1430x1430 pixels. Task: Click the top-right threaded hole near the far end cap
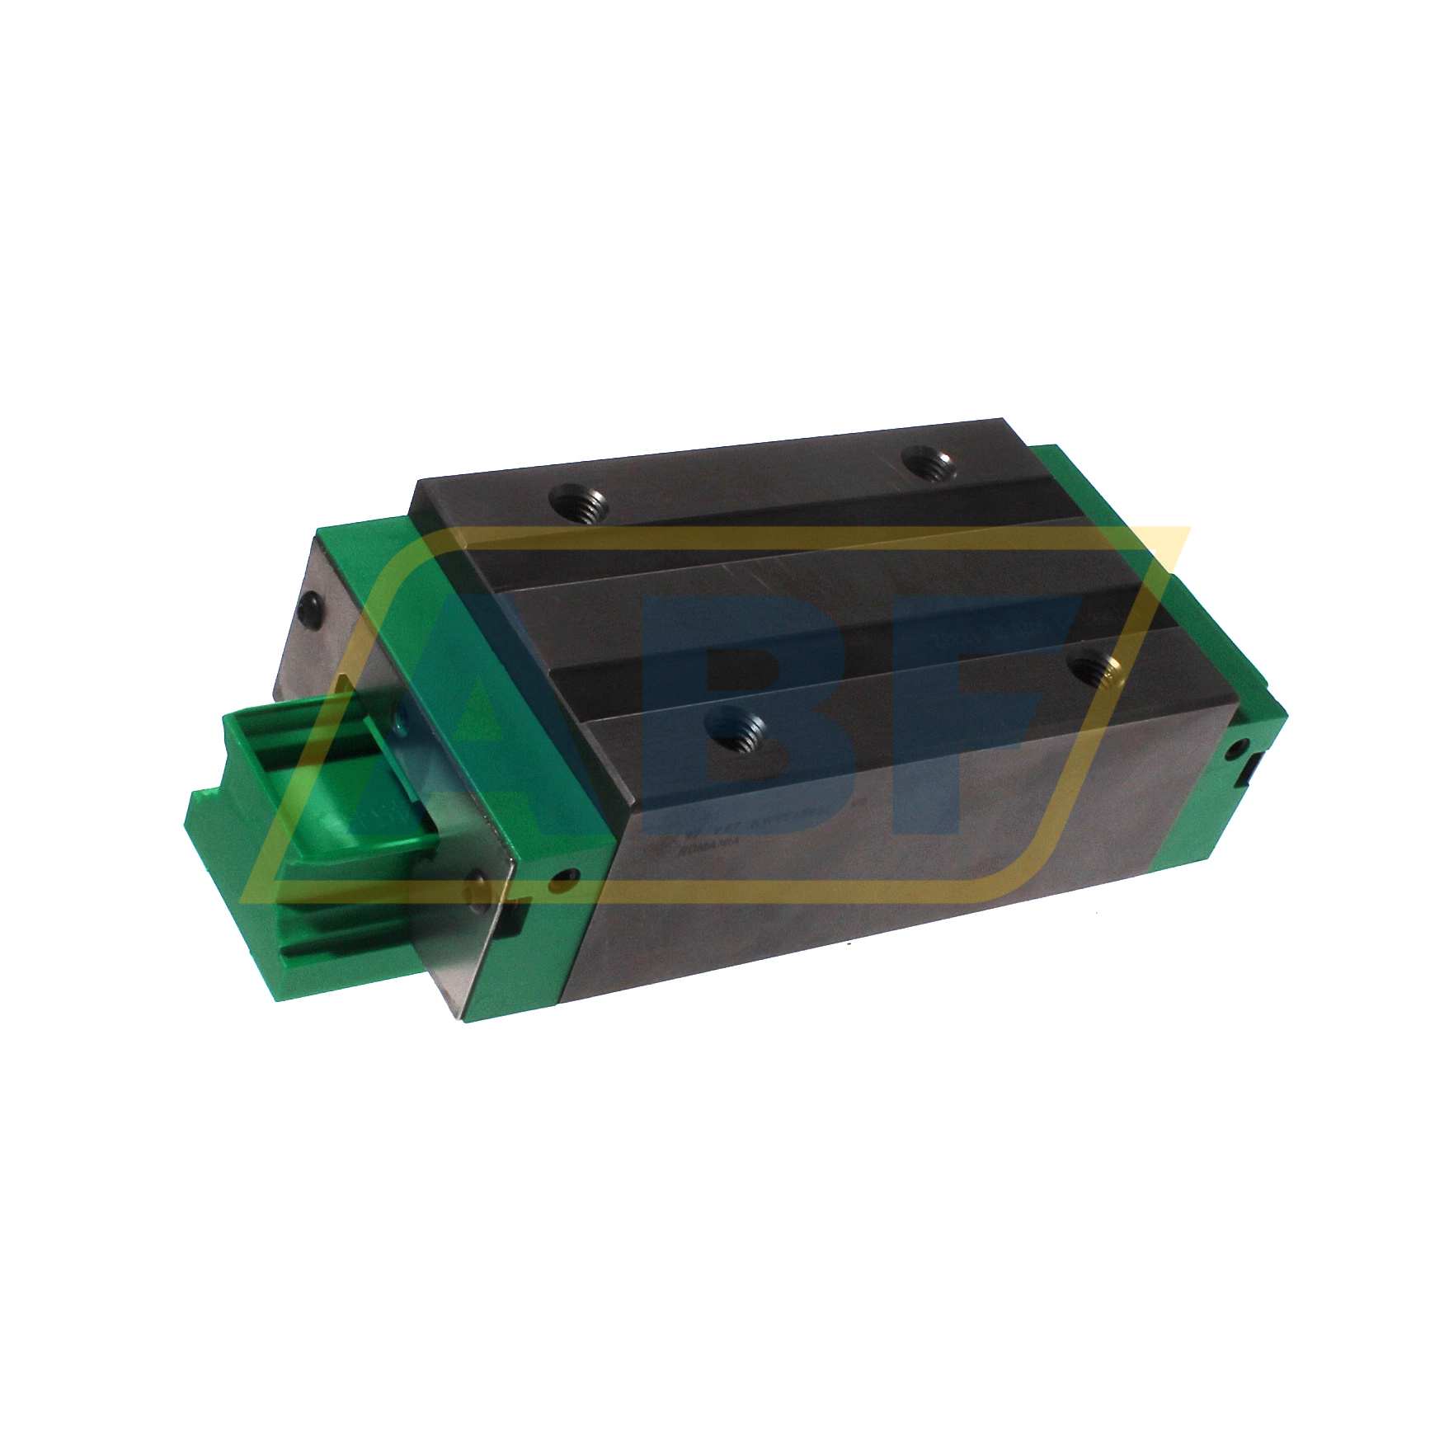[927, 467]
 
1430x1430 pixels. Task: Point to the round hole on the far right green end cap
[1235, 749]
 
